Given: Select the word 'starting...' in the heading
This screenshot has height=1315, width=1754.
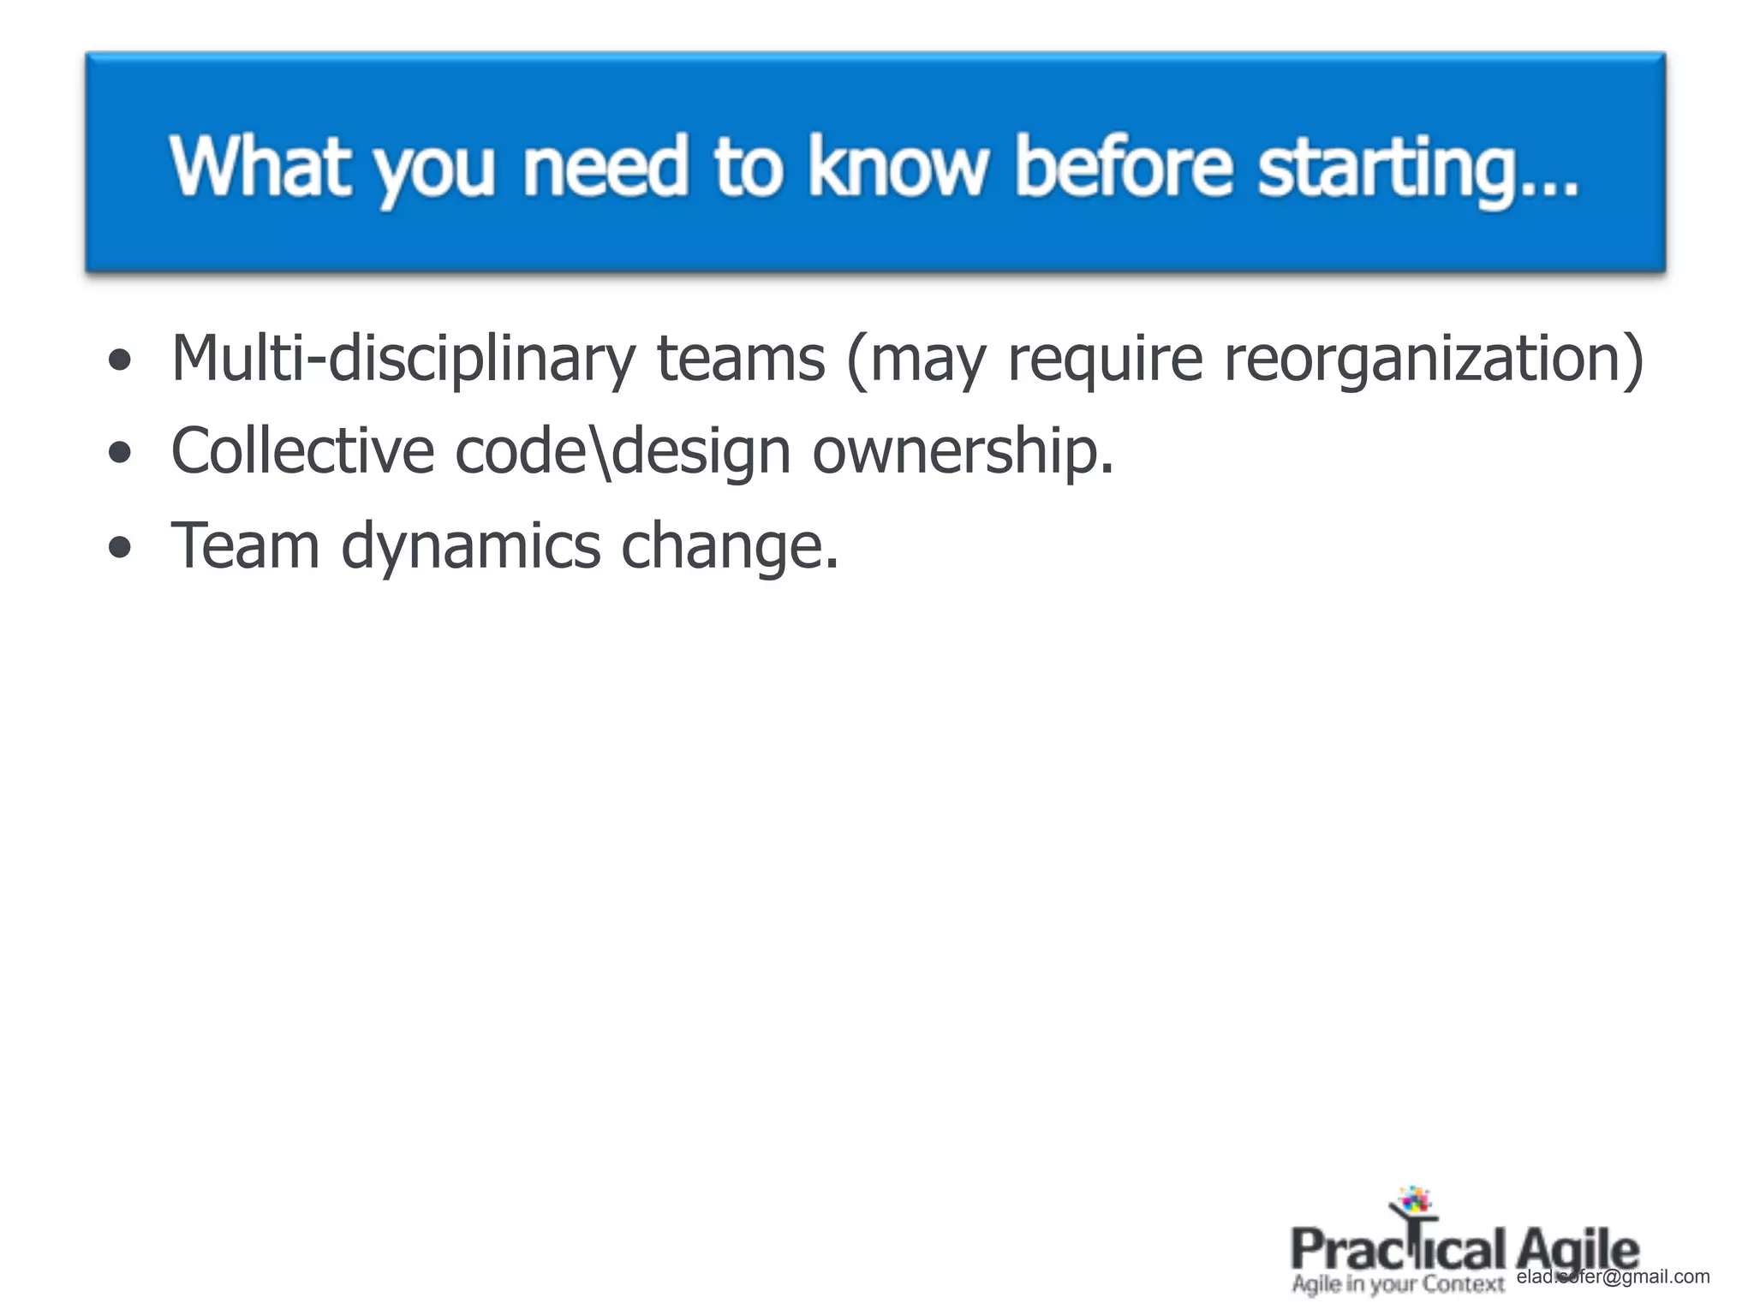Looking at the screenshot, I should click(x=1417, y=168).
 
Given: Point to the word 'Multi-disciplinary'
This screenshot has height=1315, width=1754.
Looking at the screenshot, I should click(x=403, y=360).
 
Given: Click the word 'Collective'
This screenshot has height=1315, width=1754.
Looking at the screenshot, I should click(x=302, y=451).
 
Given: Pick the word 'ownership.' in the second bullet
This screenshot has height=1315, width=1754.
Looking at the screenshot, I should click(x=963, y=453).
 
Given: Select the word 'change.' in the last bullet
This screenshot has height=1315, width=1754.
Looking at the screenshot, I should click(x=730, y=546).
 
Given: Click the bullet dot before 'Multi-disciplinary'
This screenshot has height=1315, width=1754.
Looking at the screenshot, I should click(x=121, y=360).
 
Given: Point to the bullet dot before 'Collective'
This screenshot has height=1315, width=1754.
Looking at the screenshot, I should click(x=121, y=453).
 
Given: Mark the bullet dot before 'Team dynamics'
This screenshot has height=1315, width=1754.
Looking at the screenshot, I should click(x=121, y=547).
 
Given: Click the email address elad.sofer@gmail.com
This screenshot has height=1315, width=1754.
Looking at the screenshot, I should click(x=1613, y=1276).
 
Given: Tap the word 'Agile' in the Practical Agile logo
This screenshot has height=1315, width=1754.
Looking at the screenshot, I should click(x=1577, y=1250).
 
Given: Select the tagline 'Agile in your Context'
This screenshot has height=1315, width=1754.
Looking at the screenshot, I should click(x=1398, y=1284).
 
